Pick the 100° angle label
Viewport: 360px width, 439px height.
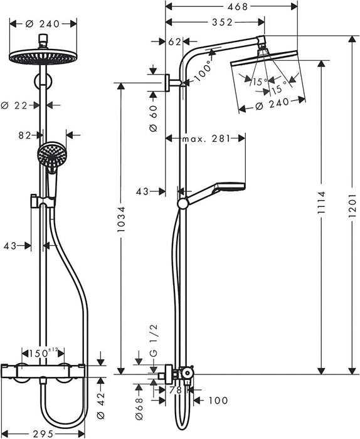pos(202,71)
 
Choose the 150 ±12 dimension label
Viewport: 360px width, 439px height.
pos(45,354)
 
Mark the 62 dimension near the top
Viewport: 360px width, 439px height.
pos(173,43)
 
